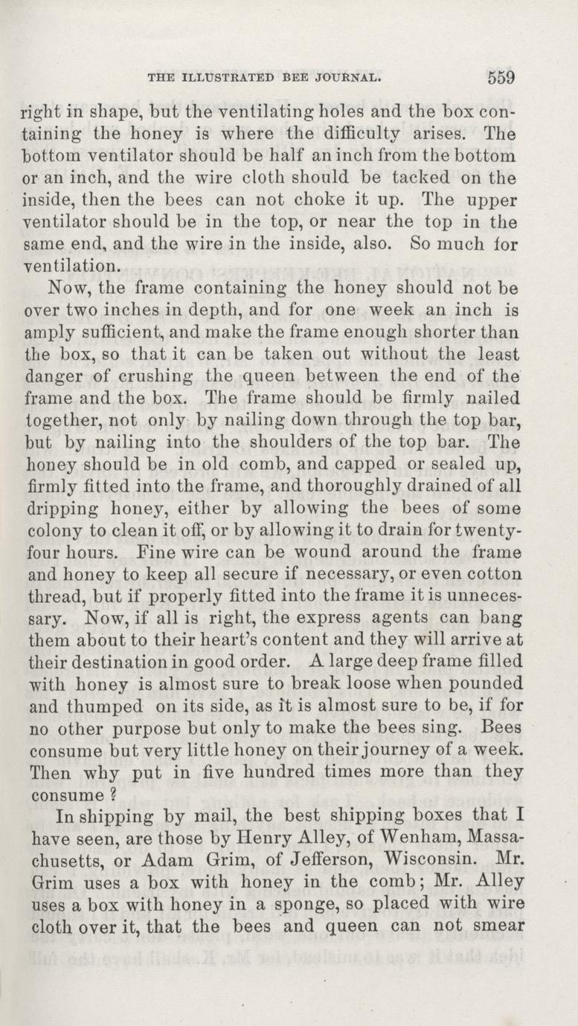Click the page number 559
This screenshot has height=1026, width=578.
(x=502, y=77)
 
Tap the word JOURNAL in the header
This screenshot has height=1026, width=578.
(x=350, y=77)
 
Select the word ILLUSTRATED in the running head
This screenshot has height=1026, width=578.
(x=228, y=77)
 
